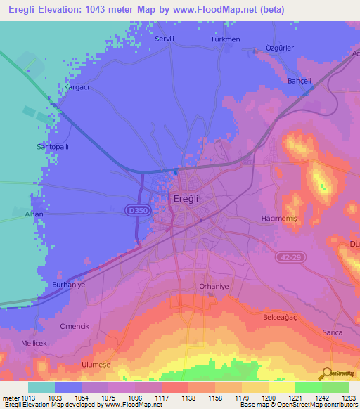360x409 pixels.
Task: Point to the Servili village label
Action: tap(165, 40)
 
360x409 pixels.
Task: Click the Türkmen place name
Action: tap(226, 40)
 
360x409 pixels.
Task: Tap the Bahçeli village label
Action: tap(299, 81)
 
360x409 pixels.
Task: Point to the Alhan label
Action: tap(34, 214)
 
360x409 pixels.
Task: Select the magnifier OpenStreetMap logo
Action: tap(328, 372)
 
